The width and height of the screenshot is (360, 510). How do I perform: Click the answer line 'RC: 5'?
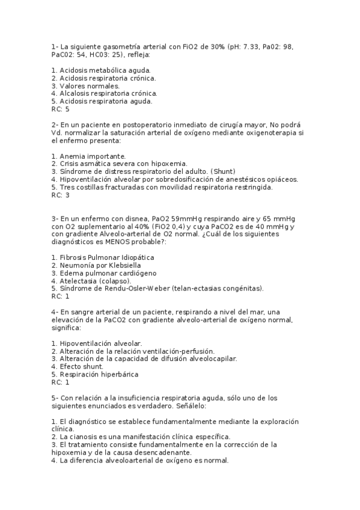tap(60, 109)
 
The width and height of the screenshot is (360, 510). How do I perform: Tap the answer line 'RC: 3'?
tap(60, 195)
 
